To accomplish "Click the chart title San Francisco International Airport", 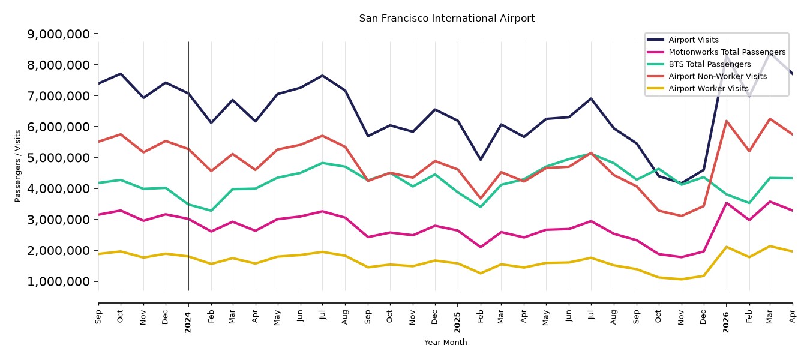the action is tap(446, 19).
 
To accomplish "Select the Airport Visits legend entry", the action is tap(693, 40).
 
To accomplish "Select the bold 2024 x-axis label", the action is tap(188, 322).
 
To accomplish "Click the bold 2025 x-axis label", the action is tap(457, 322).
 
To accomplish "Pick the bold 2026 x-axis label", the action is tap(727, 322).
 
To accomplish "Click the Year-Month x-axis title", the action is tap(445, 342).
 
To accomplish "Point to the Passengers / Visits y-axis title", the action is tap(18, 166).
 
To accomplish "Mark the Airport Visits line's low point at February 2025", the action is tap(481, 160).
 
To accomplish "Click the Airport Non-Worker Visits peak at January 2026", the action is tap(727, 121).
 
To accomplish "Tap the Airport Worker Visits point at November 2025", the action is tap(682, 279).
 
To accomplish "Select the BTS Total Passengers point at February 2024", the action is tap(211, 211).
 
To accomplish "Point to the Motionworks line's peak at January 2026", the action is tap(727, 203).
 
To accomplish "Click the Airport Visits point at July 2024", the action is tap(322, 76).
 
